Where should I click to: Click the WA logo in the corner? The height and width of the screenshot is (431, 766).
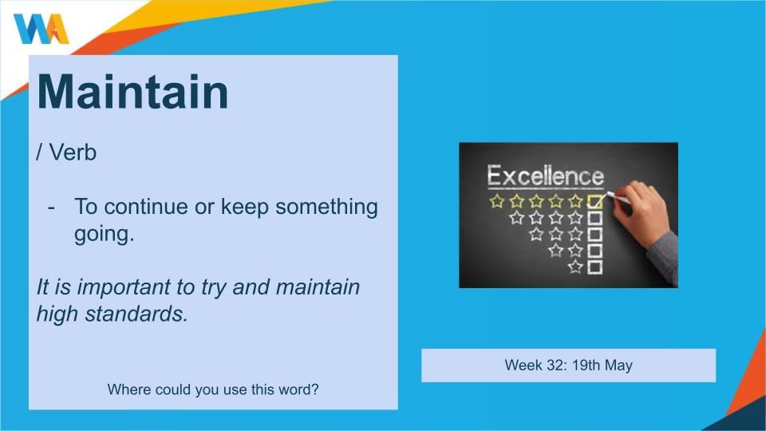pyautogui.click(x=41, y=29)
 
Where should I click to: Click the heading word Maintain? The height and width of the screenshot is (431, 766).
pyautogui.click(x=133, y=92)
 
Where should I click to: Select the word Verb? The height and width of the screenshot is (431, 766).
pyautogui.click(x=73, y=152)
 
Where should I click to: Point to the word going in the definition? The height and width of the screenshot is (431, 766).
pyautogui.click(x=104, y=235)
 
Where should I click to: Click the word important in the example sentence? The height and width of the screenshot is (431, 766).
pyautogui.click(x=124, y=287)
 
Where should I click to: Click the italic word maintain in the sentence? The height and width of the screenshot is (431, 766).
pyautogui.click(x=318, y=287)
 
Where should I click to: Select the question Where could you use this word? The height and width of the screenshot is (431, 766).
pyautogui.click(x=213, y=389)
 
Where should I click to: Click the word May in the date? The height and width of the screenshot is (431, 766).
pyautogui.click(x=618, y=366)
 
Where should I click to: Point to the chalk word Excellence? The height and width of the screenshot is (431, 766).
pyautogui.click(x=546, y=176)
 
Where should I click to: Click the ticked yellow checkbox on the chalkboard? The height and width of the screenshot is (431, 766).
pyautogui.click(x=594, y=201)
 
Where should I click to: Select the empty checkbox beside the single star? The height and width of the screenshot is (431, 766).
pyautogui.click(x=594, y=267)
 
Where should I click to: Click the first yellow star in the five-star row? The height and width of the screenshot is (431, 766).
pyautogui.click(x=497, y=201)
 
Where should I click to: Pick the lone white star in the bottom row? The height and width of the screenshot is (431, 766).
pyautogui.click(x=575, y=267)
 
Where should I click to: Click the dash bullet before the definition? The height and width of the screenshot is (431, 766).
pyautogui.click(x=51, y=208)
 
